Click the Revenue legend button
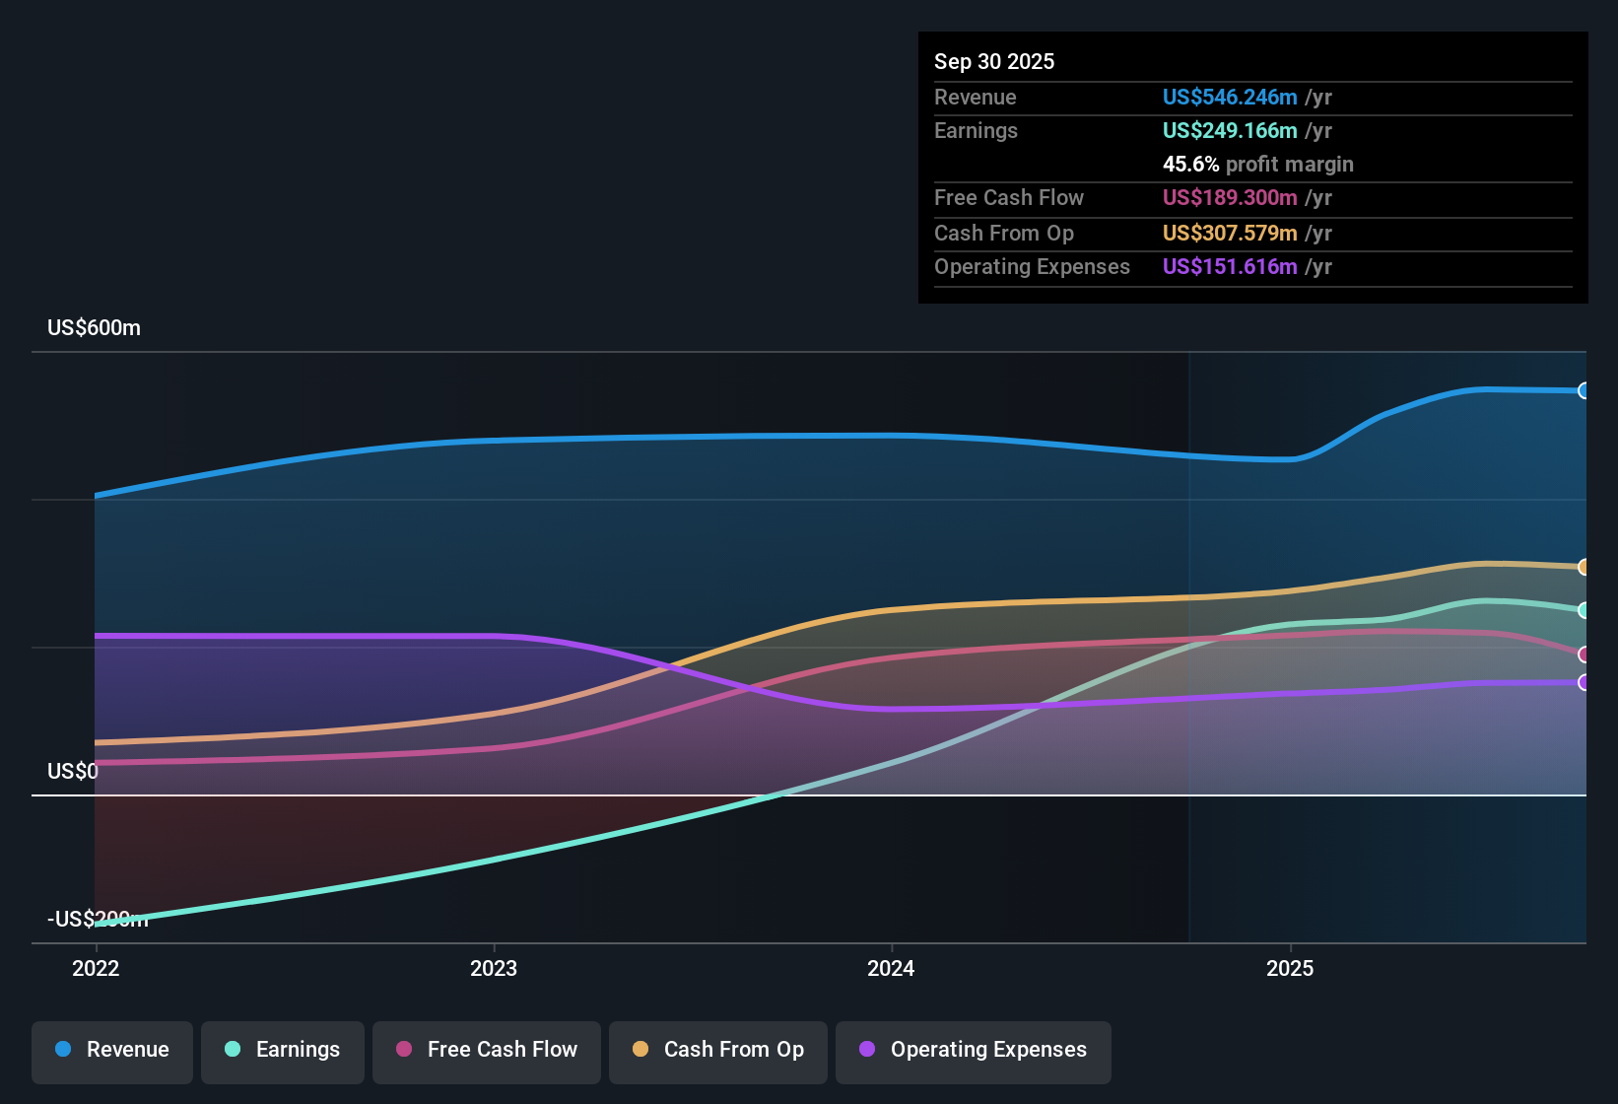tap(112, 1050)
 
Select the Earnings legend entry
tap(283, 1050)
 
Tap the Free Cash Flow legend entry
tap(487, 1050)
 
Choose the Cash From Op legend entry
tap(718, 1050)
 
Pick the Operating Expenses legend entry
tap(974, 1050)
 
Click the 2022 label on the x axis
tap(96, 968)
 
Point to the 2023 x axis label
tap(494, 968)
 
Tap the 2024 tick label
tap(891, 968)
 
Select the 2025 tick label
tap(1290, 968)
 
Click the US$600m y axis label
tap(94, 328)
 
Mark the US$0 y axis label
tap(73, 771)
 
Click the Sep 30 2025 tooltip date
tap(993, 61)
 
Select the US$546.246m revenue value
tap(1229, 97)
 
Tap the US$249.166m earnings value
tap(1229, 130)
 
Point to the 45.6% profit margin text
tap(1257, 164)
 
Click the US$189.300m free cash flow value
tap(1229, 197)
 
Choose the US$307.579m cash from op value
tap(1229, 233)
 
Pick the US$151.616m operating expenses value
tap(1229, 266)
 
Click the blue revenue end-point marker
tap(1584, 390)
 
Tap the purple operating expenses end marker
tap(1584, 682)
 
